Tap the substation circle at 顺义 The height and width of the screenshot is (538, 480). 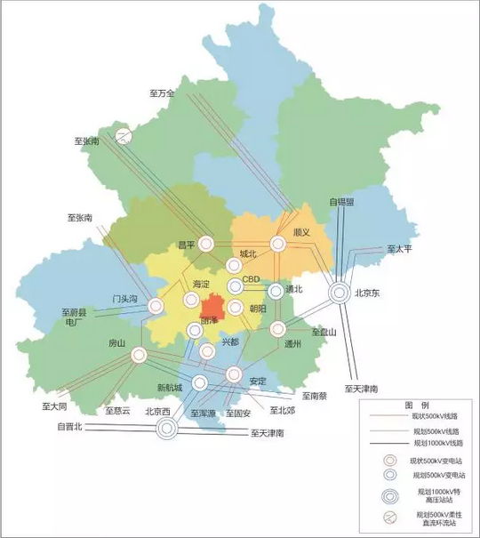coord(278,243)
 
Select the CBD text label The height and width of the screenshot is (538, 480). coord(251,279)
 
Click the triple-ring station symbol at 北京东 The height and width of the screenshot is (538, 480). coord(339,292)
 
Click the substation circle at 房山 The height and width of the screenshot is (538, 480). coord(139,356)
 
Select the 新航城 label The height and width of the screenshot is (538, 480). coord(169,387)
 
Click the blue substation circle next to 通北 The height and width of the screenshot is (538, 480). coord(276,290)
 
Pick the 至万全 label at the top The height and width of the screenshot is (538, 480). coord(163,93)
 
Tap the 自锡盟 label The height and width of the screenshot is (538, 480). coord(341,202)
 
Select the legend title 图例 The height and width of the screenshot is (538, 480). coord(417,403)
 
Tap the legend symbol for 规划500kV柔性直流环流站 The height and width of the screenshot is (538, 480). coord(388,518)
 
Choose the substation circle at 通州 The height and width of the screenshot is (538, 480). coord(277,329)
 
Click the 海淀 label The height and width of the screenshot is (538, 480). coord(202,284)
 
